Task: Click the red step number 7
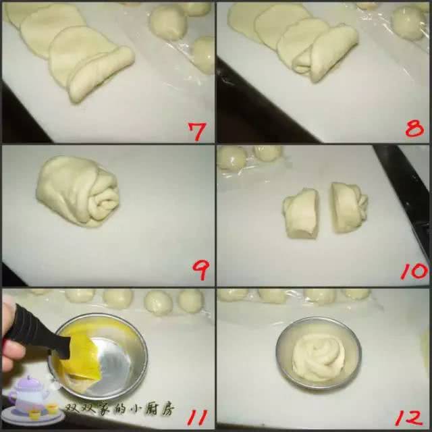(x=197, y=131)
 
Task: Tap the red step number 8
(x=414, y=128)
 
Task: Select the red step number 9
(x=200, y=270)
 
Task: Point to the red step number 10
(x=414, y=271)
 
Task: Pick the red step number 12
(x=409, y=418)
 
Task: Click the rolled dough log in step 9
(x=78, y=192)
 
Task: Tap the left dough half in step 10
(x=300, y=213)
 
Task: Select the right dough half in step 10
(x=349, y=207)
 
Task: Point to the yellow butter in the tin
(x=82, y=356)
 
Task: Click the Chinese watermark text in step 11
(x=119, y=410)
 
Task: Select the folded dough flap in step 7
(x=101, y=74)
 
